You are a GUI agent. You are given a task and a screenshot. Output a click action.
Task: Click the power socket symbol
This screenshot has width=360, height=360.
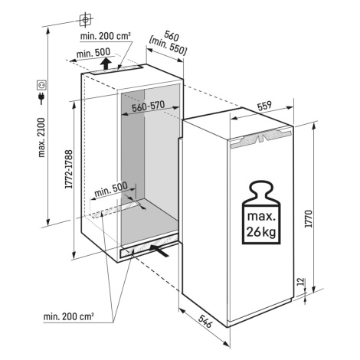[42, 85]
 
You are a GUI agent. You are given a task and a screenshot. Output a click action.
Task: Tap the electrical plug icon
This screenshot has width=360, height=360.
[41, 99]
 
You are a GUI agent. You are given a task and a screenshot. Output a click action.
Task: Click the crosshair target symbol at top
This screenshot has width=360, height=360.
[86, 19]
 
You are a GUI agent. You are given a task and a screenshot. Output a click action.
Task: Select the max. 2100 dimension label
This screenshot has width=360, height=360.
[41, 138]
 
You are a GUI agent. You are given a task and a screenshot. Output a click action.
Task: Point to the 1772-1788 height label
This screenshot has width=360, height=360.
[69, 169]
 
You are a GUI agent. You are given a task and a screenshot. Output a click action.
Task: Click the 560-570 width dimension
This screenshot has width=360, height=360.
[149, 106]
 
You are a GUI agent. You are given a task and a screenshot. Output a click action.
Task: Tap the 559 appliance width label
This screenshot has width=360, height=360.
[264, 106]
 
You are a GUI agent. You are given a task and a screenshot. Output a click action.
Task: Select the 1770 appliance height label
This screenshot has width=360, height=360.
[309, 218]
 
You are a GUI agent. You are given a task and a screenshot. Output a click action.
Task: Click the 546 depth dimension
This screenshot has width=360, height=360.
[205, 321]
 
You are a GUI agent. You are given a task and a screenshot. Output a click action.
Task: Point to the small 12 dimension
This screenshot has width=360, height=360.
[302, 281]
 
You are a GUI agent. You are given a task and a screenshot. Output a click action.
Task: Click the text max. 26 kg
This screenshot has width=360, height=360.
[261, 224]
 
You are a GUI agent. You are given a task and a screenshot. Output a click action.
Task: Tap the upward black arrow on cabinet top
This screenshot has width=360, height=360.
[105, 64]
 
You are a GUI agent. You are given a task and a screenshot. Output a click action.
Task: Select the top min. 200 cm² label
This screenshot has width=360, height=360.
[106, 36]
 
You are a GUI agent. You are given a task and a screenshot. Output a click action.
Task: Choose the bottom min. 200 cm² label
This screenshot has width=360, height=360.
[68, 316]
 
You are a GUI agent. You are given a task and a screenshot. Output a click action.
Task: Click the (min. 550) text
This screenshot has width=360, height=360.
[168, 47]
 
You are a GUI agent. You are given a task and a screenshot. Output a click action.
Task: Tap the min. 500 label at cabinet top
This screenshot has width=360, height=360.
[93, 53]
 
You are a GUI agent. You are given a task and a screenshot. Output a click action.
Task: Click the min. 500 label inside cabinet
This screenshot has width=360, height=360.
[111, 189]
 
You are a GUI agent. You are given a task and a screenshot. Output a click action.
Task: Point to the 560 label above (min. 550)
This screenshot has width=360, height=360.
[172, 36]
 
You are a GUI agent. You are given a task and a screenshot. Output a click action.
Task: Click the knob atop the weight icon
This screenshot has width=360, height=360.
[261, 188]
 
